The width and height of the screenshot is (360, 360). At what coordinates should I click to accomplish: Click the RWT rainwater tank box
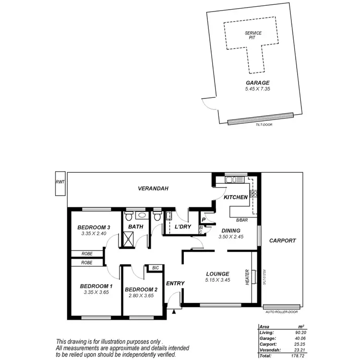coord(60,184)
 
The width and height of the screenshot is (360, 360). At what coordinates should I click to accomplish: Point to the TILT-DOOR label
coord(260,125)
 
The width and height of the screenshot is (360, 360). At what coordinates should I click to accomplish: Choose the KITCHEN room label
coord(235,197)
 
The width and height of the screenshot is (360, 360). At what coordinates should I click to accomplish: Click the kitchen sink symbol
coord(233,180)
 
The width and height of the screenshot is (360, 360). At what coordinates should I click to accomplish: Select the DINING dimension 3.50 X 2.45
coord(231,237)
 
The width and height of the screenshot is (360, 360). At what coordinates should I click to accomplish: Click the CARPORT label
coord(282,240)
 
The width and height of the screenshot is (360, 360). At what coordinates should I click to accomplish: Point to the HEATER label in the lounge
coord(247,276)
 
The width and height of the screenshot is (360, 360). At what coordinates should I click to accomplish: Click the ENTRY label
coord(175,283)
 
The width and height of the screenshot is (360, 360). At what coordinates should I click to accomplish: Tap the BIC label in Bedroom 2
coord(155,268)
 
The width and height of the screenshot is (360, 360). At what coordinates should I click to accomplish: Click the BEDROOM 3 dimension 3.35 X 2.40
coord(94,234)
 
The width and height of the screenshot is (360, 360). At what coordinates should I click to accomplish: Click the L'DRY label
coord(183,226)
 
